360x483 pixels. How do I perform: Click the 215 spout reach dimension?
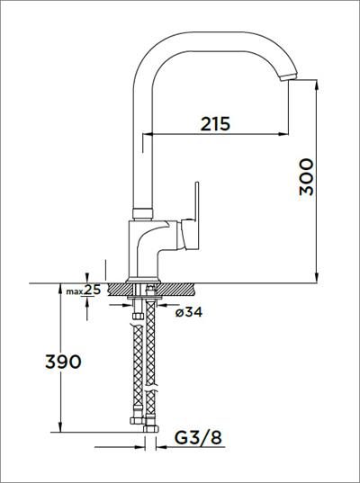[x=215, y=124]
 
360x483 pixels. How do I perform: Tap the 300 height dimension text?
[x=307, y=177]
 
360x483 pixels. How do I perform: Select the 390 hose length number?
[x=63, y=362]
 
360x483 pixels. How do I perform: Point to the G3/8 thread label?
[x=198, y=437]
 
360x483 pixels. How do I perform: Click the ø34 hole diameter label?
[x=189, y=312]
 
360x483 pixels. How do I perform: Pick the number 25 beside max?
[x=92, y=290]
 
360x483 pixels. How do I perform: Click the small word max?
[x=75, y=291]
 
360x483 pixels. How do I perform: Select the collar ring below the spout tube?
[x=143, y=213]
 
